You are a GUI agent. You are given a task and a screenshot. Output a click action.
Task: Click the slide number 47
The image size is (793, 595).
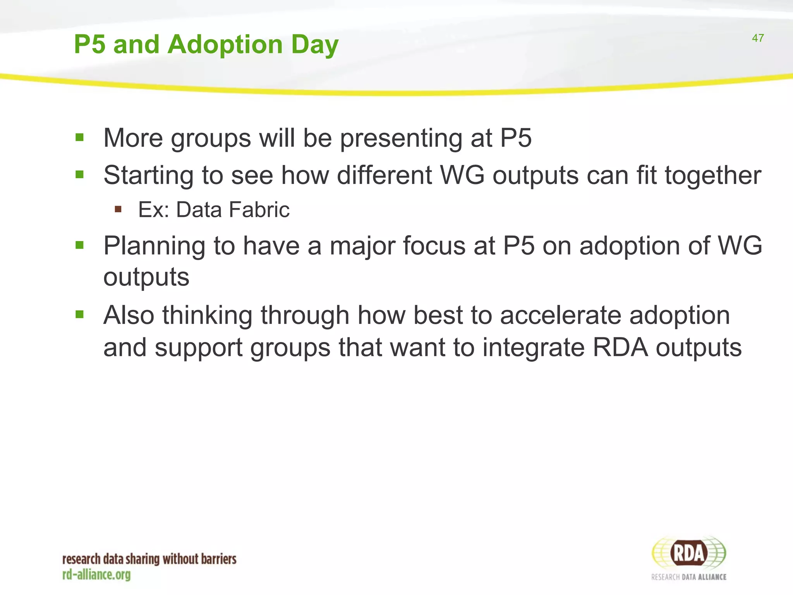coord(757,38)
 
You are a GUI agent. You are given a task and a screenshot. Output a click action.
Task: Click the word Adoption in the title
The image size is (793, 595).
coord(226,44)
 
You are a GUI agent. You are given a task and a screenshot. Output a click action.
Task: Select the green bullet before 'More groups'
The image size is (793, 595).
coord(80,138)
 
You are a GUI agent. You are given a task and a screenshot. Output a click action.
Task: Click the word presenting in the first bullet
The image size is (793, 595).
coord(401,139)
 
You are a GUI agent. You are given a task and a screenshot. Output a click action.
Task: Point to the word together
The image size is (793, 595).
coord(713,175)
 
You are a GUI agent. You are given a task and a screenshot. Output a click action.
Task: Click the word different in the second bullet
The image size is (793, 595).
coord(384,175)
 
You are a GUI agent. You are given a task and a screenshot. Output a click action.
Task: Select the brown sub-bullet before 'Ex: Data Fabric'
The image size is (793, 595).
coord(118,210)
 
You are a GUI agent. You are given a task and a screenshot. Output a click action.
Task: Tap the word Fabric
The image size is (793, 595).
coord(259,210)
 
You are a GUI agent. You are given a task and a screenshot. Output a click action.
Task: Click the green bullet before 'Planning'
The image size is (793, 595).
coord(80,245)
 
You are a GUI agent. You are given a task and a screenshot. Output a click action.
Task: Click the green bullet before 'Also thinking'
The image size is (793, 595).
coord(80,314)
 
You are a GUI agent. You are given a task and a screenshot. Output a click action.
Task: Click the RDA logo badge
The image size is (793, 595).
coord(688,553)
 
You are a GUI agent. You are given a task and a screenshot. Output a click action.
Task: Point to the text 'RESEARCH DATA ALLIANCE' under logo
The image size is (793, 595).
coord(688,577)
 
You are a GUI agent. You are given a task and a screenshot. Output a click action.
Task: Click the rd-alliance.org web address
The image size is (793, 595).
coord(96,574)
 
